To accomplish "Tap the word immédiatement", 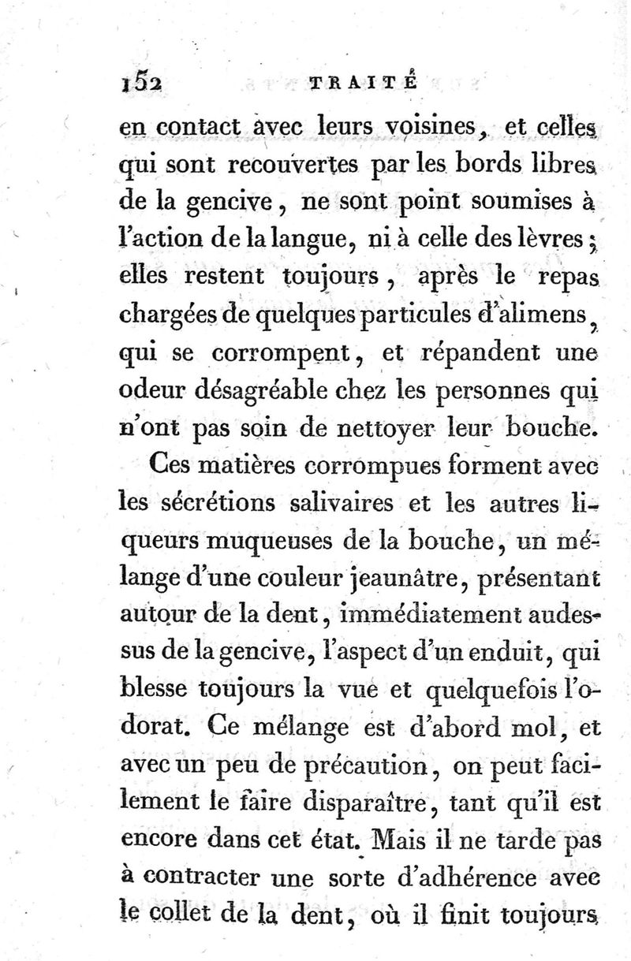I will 405,617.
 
